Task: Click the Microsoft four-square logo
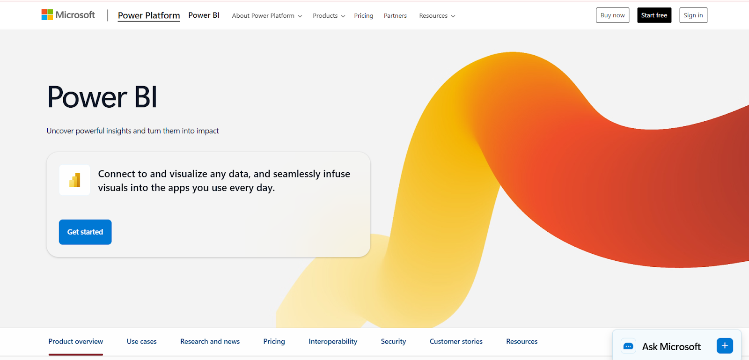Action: [x=47, y=15]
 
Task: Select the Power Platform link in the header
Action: [x=149, y=15]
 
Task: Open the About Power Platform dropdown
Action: [x=267, y=16]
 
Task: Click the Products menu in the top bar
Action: [x=329, y=16]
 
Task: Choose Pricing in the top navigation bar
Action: [x=363, y=16]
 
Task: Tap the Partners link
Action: [x=395, y=16]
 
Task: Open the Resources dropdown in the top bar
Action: [x=437, y=16]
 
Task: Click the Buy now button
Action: [x=613, y=15]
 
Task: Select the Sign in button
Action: [x=693, y=15]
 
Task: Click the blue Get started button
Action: [x=85, y=232]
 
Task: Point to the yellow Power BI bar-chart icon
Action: [x=74, y=180]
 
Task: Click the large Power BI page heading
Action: [x=102, y=97]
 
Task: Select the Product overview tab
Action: [x=75, y=341]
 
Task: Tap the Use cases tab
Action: [x=141, y=341]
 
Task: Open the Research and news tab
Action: [x=210, y=341]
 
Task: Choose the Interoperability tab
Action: [x=333, y=341]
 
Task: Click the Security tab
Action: [x=393, y=341]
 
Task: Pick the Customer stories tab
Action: [x=456, y=341]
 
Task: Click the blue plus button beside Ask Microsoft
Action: [x=725, y=346]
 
